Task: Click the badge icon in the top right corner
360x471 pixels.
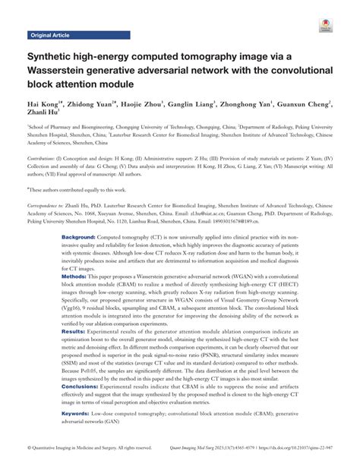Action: pos(325,25)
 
